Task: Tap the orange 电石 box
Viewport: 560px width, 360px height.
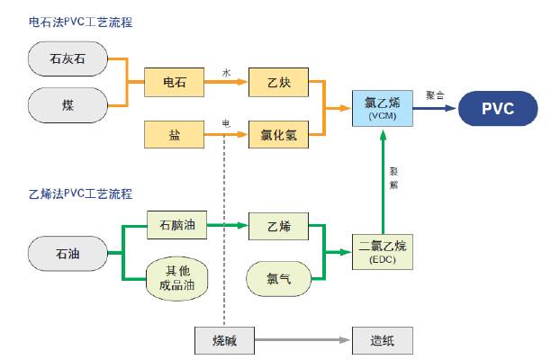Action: [175, 83]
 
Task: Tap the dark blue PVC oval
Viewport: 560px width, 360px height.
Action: [498, 109]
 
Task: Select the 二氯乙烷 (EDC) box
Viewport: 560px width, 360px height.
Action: [382, 250]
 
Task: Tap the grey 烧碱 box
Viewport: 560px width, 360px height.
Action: [224, 341]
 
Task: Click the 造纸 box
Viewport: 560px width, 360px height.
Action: [382, 341]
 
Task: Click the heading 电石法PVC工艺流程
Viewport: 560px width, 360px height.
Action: [86, 21]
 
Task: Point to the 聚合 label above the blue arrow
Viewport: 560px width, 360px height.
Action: [435, 94]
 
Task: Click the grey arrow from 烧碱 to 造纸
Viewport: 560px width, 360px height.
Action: [302, 341]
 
